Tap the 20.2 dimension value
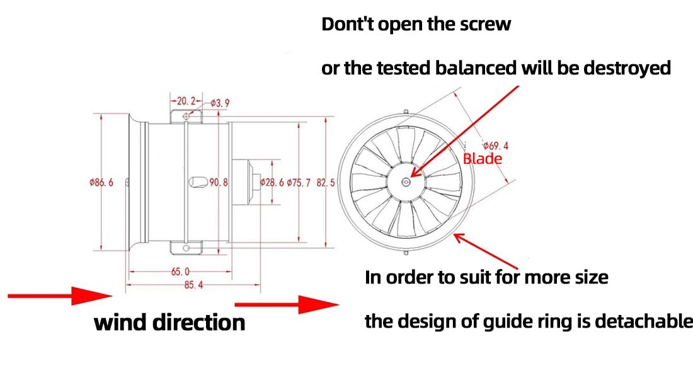click(x=186, y=101)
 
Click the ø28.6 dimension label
click(x=272, y=183)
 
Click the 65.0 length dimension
click(x=180, y=272)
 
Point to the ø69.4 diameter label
click(x=495, y=146)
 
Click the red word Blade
click(x=482, y=159)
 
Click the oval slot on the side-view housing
click(x=197, y=182)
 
